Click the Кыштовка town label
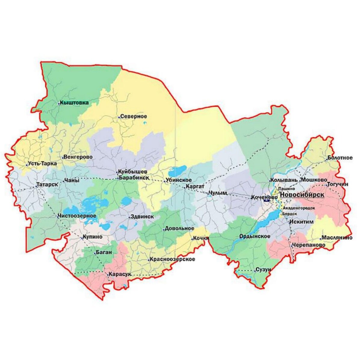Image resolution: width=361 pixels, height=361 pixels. pos(74,103)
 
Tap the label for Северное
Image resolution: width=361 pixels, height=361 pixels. pos(133,116)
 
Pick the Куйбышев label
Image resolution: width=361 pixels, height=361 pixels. pos(132,172)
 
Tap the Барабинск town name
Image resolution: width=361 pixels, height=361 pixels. pos(134,178)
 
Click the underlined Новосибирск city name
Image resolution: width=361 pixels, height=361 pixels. pos(302,195)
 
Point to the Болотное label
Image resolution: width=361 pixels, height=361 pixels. pos(340,158)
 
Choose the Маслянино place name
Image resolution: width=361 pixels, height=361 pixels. pos(337,238)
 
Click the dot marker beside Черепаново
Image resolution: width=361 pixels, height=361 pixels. pos(292,245)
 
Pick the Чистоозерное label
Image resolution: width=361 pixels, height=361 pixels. pos(77,216)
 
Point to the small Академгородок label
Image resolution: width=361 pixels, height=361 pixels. pos(299,208)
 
